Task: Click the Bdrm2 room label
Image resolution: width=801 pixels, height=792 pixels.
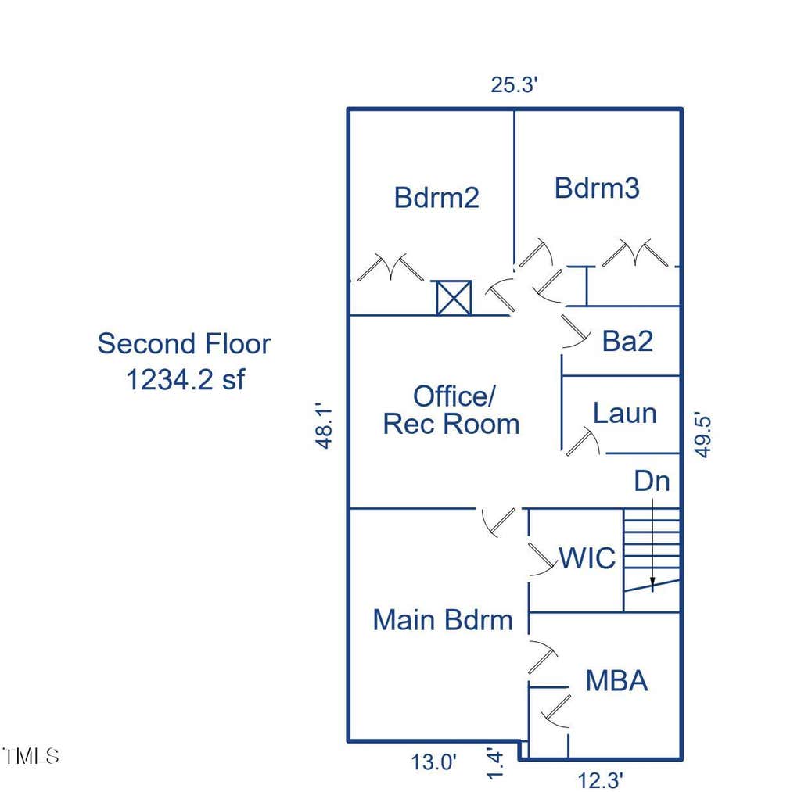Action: tap(436, 198)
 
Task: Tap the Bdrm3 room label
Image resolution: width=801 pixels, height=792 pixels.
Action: tap(597, 188)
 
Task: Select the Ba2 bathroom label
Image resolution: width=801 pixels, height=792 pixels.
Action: tap(627, 341)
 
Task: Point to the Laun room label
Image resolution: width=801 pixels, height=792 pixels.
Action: tap(625, 413)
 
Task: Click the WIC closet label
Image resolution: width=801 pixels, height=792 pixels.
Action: tap(587, 558)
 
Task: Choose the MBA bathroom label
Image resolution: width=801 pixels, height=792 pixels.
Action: tap(616, 681)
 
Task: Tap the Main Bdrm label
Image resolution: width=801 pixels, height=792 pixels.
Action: tap(443, 620)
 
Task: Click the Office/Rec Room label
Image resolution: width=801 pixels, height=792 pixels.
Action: tap(451, 410)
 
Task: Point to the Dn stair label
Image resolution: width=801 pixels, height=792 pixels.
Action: tap(652, 481)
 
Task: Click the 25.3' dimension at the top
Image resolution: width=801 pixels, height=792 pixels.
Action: tap(515, 84)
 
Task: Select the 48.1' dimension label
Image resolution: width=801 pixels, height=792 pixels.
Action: tap(325, 427)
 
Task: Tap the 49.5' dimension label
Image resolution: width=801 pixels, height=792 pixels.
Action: tap(703, 436)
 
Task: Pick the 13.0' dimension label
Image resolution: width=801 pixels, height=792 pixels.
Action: tap(433, 762)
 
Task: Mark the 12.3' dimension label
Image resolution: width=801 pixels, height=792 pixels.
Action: tap(600, 781)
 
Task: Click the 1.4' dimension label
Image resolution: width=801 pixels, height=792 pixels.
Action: tap(495, 764)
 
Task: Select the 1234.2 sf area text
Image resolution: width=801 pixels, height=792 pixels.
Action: tap(185, 380)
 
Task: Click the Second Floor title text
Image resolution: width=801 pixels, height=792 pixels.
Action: tap(184, 344)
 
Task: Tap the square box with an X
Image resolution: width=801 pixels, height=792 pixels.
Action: tap(454, 298)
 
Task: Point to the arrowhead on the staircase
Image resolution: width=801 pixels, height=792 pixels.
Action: tap(652, 582)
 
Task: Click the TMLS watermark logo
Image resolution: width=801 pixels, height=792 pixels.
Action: tap(31, 756)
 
